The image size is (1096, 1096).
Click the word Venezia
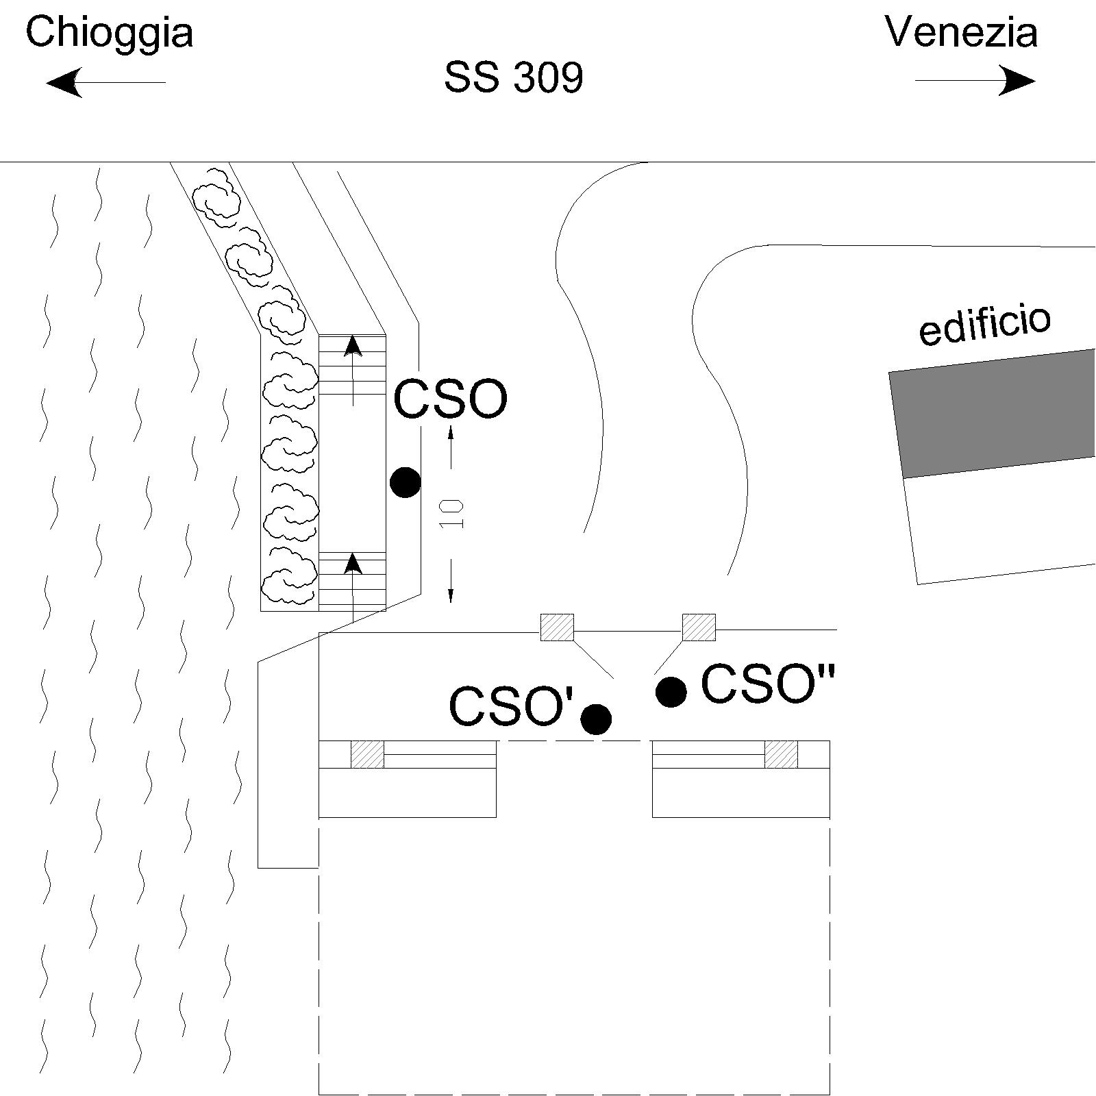pos(961,32)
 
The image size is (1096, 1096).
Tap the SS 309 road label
pos(514,77)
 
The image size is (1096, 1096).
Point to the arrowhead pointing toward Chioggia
pos(64,82)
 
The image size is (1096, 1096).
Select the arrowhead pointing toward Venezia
pos(1017,81)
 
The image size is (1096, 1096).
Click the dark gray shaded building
pos(992,414)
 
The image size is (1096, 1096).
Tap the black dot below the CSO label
pos(405,482)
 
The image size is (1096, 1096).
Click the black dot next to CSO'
pos(596,719)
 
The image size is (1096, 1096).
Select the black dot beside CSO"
pos(671,691)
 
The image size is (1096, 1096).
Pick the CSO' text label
pos(511,707)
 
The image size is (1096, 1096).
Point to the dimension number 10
pos(452,514)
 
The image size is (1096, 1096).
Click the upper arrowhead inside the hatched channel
pos(353,346)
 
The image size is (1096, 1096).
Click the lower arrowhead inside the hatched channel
pos(353,563)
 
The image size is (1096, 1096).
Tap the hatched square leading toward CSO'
pos(558,627)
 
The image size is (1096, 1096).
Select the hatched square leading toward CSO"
pos(699,627)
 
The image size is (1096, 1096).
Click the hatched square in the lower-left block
pos(368,754)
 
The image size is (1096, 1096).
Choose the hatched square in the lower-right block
pos(782,754)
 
